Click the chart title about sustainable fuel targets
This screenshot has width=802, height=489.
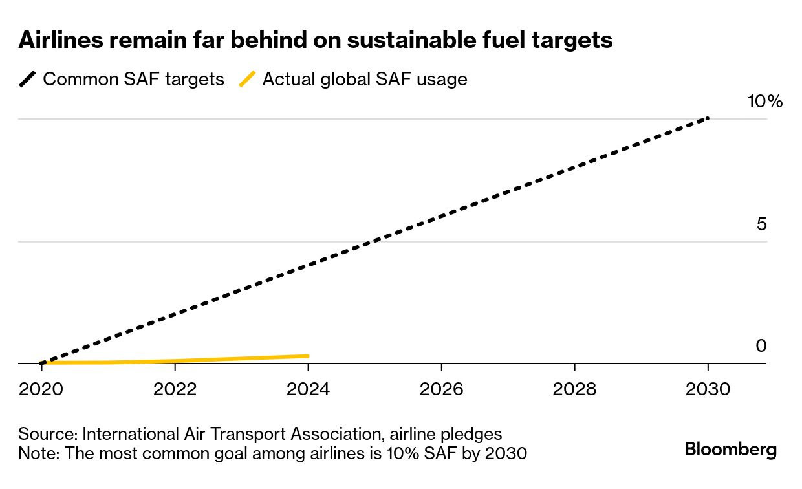click(x=316, y=40)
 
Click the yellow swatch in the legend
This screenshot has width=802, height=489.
click(x=247, y=80)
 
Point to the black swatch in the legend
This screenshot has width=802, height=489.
click(x=28, y=80)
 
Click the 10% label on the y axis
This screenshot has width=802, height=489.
click(x=764, y=102)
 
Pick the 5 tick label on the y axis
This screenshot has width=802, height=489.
click(x=761, y=224)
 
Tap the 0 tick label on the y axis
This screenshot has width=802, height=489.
click(x=761, y=346)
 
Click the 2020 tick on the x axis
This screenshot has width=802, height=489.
click(x=41, y=389)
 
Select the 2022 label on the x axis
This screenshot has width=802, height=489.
click(x=175, y=389)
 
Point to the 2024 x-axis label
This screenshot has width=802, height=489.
click(x=308, y=389)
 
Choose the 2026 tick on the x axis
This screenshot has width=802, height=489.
click(x=441, y=389)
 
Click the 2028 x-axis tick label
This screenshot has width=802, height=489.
click(x=574, y=389)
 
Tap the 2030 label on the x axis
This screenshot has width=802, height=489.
click(x=708, y=389)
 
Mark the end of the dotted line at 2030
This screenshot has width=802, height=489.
click(x=708, y=118)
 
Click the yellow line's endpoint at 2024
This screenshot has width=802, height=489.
click(x=308, y=356)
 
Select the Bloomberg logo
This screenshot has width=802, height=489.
click(x=731, y=450)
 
